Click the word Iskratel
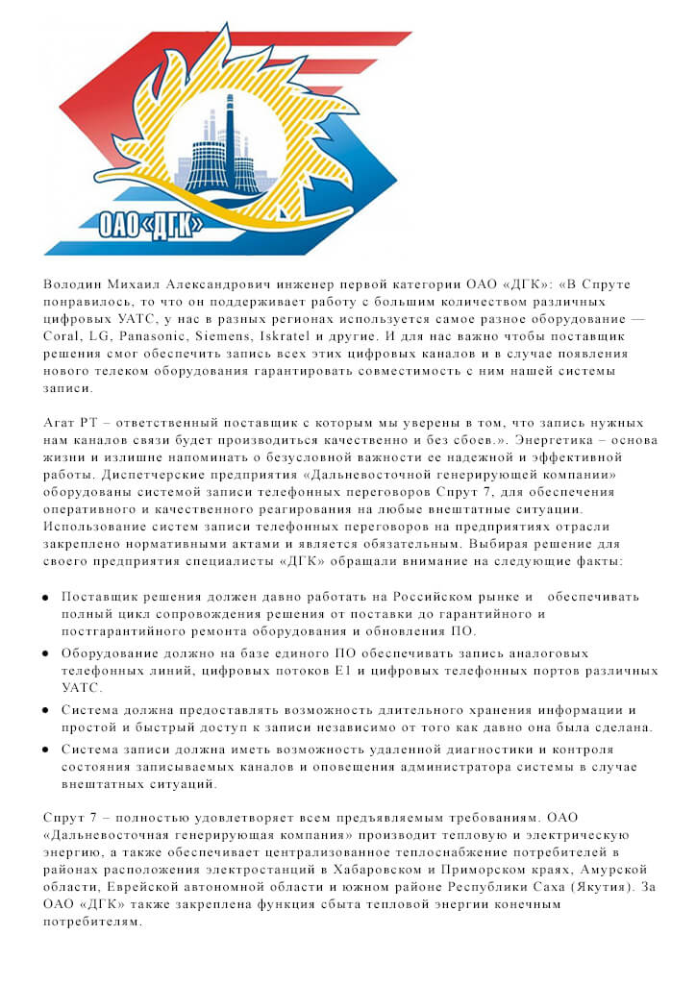pos(311,336)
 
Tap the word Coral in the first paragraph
pos(64,336)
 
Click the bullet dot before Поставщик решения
pos(45,597)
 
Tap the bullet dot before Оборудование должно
pos(45,653)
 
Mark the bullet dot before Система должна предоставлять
pos(45,710)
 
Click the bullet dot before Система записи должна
pos(45,750)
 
